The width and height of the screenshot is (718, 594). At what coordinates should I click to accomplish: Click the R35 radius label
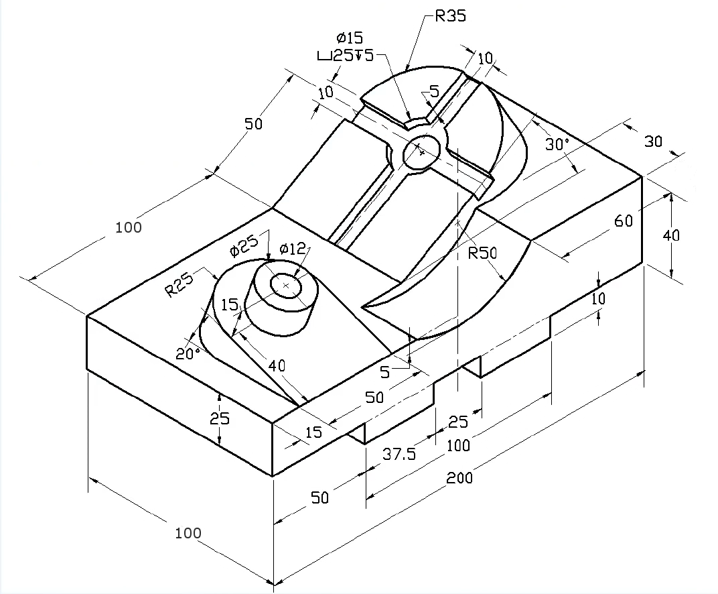click(450, 15)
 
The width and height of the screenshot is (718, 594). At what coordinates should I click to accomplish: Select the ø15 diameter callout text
click(350, 38)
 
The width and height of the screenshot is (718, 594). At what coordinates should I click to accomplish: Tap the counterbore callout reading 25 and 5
click(346, 56)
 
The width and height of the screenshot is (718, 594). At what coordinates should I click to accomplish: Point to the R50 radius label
click(482, 253)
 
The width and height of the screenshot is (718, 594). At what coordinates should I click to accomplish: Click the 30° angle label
click(557, 144)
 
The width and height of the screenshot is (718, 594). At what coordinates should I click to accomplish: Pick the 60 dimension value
click(623, 221)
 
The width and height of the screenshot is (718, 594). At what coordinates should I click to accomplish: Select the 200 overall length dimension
click(459, 478)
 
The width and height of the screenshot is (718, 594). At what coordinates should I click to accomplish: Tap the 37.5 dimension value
click(399, 454)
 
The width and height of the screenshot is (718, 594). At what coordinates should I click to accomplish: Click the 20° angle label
click(188, 353)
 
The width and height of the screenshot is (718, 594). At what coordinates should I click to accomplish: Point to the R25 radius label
click(179, 284)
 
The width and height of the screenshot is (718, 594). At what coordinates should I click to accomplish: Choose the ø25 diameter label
click(244, 245)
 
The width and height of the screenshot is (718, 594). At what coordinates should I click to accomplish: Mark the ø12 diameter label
click(292, 249)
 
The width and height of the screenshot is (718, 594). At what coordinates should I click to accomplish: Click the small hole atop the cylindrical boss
click(286, 286)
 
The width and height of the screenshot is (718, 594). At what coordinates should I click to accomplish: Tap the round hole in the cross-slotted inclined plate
click(421, 152)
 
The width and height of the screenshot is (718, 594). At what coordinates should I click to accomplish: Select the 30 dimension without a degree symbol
click(654, 141)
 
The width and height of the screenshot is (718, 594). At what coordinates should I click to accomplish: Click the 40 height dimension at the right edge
click(671, 235)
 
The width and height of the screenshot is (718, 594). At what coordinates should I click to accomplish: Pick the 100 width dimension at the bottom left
click(188, 532)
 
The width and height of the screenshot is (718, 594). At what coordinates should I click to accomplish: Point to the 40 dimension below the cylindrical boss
click(277, 365)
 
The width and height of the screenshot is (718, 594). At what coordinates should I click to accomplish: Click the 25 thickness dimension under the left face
click(220, 418)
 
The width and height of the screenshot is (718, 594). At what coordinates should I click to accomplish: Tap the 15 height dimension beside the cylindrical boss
click(230, 305)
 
